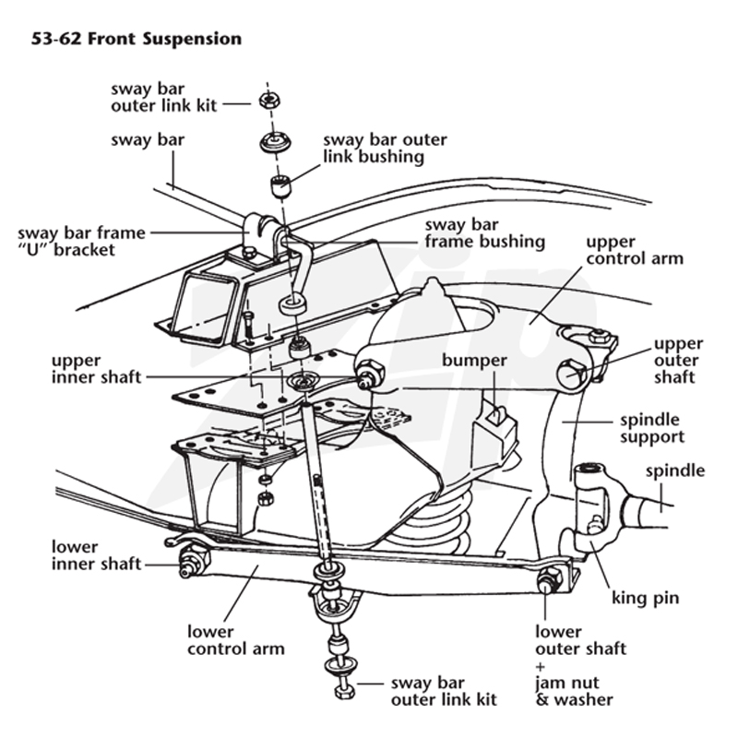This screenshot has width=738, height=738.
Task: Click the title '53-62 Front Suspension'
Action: [x=137, y=39]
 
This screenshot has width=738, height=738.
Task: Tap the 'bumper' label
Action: [x=474, y=361]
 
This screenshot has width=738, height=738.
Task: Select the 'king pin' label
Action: [x=645, y=598]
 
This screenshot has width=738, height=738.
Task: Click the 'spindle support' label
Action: [x=652, y=428]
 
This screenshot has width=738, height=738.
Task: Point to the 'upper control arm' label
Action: [x=635, y=250]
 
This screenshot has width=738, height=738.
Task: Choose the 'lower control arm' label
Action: [x=236, y=640]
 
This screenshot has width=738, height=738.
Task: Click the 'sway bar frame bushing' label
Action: [x=485, y=233]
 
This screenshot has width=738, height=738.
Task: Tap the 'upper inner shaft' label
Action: [x=96, y=369]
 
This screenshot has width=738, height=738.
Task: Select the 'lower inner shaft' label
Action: [x=96, y=555]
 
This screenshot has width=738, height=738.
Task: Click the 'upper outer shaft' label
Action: [x=678, y=361]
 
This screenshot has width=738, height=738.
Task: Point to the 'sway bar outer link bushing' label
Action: [x=385, y=149]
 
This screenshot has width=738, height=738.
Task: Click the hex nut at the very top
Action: [x=269, y=101]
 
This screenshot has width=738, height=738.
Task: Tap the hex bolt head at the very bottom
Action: [x=345, y=692]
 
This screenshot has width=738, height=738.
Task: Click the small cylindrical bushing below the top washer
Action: [x=281, y=186]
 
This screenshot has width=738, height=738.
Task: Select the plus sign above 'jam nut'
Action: [x=540, y=666]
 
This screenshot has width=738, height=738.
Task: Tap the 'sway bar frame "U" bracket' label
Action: [x=81, y=242]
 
